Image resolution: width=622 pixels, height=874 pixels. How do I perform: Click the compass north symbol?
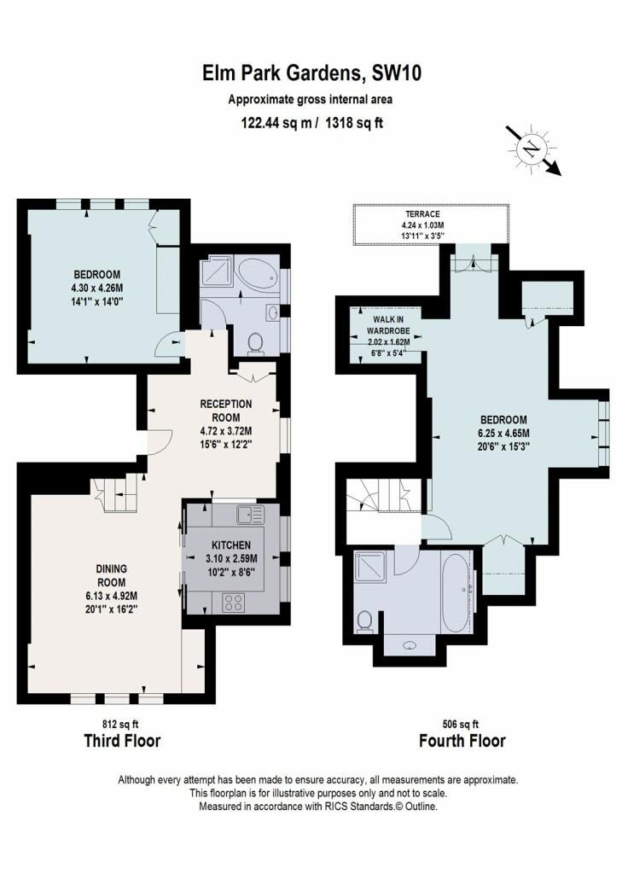[x=532, y=149]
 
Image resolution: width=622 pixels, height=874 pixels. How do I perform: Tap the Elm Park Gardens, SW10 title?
[x=311, y=73]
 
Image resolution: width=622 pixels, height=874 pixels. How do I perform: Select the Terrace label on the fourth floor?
[x=422, y=214]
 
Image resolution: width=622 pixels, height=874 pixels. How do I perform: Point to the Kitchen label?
[x=231, y=545]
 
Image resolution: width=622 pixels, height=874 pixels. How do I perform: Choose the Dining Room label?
[x=112, y=575]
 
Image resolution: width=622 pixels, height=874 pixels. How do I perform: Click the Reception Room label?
[x=226, y=411]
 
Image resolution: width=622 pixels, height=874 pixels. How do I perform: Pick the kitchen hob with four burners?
[x=233, y=603]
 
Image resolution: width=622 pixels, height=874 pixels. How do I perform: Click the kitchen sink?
[x=250, y=515]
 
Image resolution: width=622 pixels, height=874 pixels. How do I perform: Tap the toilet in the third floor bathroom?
[x=255, y=343]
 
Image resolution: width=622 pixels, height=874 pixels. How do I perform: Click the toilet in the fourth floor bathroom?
[x=364, y=621]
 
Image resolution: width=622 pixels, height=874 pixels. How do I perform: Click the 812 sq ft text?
[x=120, y=724]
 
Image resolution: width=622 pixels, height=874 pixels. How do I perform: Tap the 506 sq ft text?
[x=461, y=724]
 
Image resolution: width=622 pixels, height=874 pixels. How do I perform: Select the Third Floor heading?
[x=122, y=741]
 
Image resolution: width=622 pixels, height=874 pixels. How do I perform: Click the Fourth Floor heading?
[x=462, y=741]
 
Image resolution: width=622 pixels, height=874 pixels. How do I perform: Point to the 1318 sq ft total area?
[x=354, y=123]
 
